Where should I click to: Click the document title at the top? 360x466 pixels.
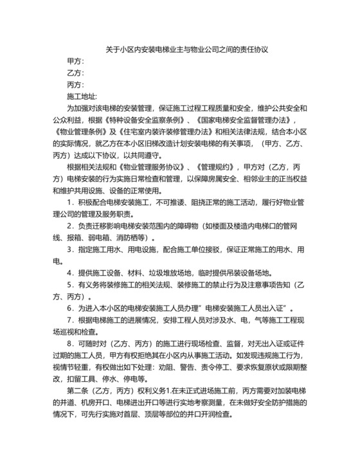click(181, 49)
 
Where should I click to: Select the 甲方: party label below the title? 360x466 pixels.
click(75, 61)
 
